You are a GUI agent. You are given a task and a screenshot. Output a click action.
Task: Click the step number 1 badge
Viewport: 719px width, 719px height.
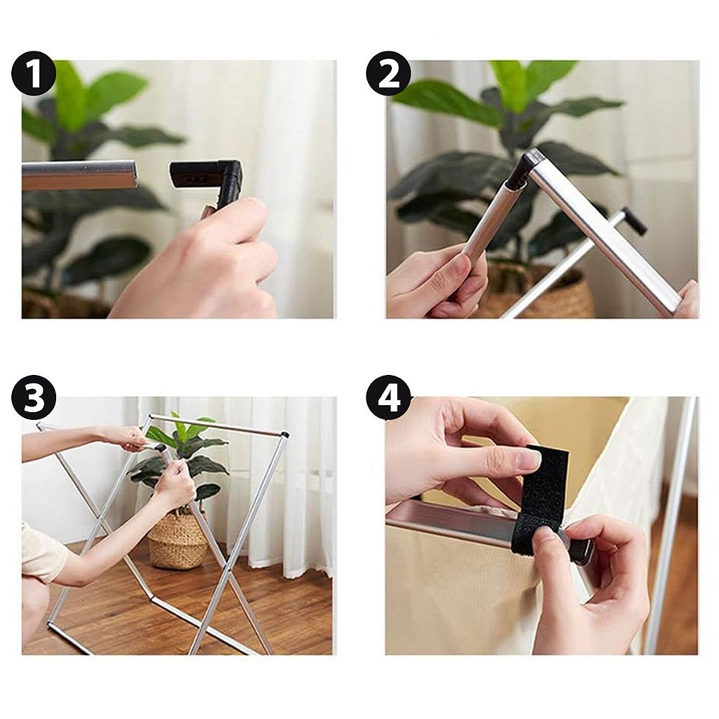(x=34, y=73)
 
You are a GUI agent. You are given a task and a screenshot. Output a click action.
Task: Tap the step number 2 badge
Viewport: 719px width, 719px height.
(x=388, y=73)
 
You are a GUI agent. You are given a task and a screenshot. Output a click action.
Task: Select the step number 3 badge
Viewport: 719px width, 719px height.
(x=34, y=397)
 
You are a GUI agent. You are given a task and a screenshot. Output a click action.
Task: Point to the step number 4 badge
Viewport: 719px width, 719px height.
(x=388, y=397)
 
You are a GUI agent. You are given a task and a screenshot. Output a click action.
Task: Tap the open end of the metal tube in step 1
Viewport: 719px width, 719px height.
(x=132, y=174)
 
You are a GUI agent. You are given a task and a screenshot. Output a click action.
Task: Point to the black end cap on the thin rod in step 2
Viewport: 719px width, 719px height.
(x=634, y=220)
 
